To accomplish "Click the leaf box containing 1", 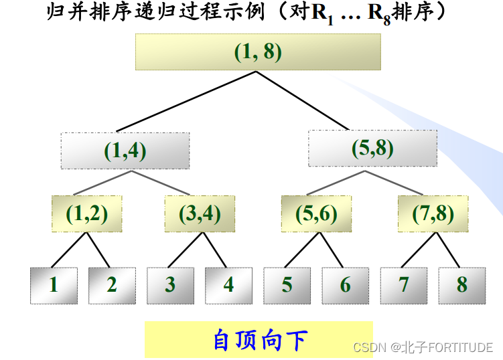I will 54,286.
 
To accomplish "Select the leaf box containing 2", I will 112,286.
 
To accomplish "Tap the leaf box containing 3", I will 170,286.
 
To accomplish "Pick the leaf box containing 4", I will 228,286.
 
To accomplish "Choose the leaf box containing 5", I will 287,286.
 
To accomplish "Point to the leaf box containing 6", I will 345,286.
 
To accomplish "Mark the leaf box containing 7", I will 403,286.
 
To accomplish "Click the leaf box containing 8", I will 462,286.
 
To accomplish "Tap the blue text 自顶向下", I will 259,339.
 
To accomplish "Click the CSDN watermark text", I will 423,347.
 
